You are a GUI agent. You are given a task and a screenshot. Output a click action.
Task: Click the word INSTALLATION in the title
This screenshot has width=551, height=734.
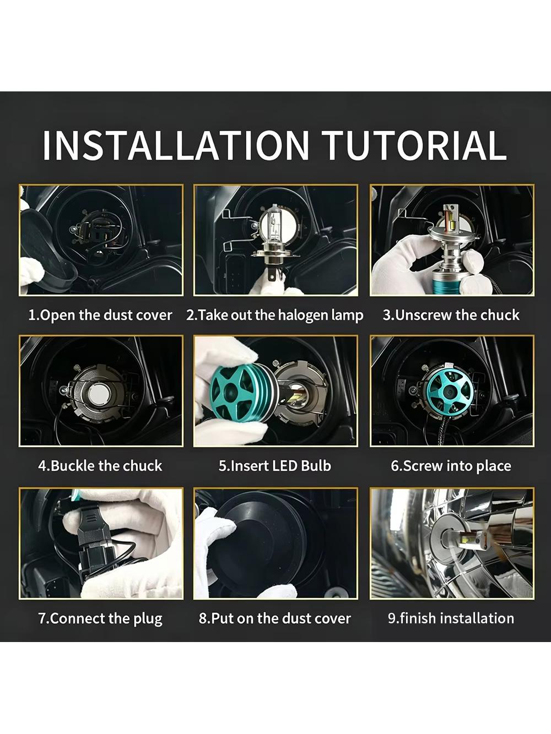pos(176,146)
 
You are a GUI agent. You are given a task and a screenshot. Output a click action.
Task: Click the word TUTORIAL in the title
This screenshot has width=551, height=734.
pos(415,146)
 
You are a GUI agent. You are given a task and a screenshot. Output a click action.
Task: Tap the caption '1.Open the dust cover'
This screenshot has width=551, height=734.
pos(100,316)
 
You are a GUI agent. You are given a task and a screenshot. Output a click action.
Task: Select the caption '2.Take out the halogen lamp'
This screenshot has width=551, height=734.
pos(275,316)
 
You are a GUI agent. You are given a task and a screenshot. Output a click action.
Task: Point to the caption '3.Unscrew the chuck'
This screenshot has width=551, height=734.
pos(451,316)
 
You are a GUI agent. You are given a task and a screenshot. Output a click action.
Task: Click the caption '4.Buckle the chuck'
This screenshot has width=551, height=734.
pos(100,466)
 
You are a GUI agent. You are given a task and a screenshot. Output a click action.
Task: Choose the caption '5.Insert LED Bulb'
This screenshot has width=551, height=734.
pos(275,466)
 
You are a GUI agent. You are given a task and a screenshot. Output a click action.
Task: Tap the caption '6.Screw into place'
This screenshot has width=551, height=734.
pos(451,466)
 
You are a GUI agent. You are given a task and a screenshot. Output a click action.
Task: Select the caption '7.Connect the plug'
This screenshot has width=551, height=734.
pos(100,618)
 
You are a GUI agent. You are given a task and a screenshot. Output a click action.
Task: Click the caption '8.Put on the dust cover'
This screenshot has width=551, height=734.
pos(275,618)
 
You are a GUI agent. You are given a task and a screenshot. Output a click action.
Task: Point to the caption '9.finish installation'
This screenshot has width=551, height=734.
pos(451,618)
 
